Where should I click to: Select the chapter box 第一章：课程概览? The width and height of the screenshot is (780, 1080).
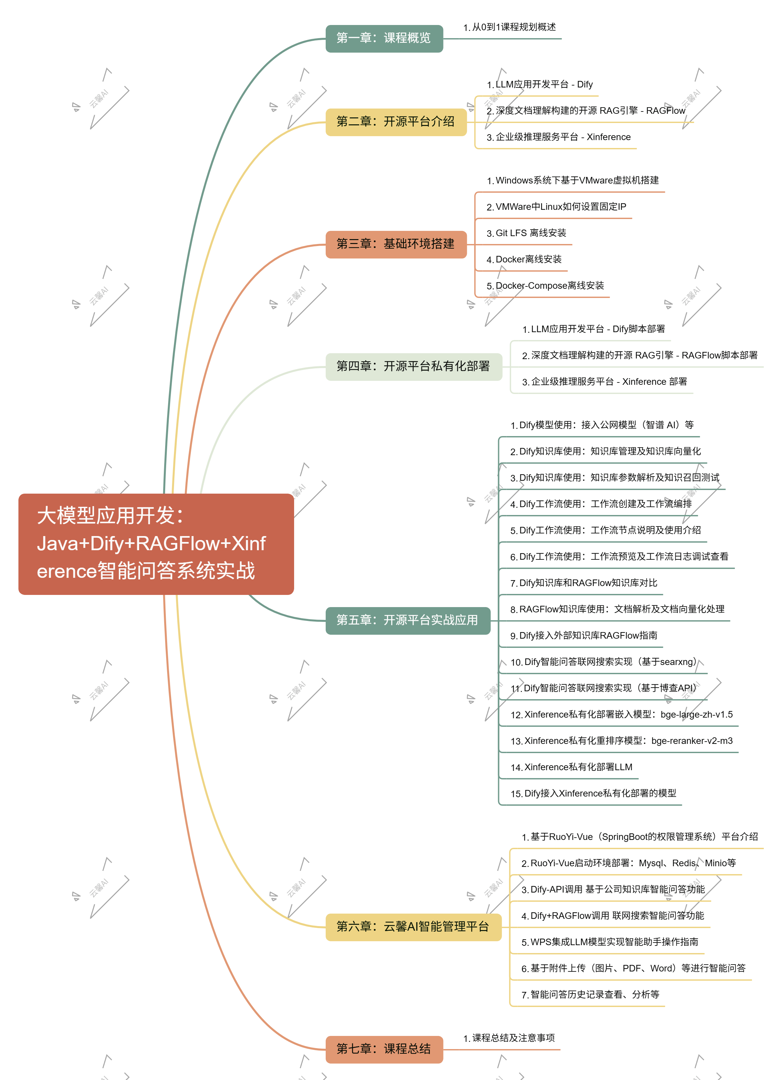click(384, 38)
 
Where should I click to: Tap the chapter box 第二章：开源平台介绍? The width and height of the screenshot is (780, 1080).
click(395, 122)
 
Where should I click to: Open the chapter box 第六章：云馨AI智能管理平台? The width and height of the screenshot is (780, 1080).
click(413, 927)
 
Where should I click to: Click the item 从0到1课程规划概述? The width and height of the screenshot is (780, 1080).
click(509, 28)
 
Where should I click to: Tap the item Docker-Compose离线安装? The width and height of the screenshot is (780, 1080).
click(545, 286)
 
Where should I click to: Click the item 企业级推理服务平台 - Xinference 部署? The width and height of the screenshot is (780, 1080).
click(604, 382)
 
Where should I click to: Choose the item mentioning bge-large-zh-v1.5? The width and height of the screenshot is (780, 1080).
click(621, 715)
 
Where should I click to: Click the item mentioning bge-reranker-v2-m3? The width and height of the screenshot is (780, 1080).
click(621, 741)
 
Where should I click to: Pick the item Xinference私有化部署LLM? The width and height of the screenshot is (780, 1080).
click(571, 768)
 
